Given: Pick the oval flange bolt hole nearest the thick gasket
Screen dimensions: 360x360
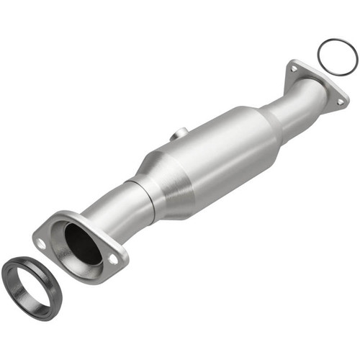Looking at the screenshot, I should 42,244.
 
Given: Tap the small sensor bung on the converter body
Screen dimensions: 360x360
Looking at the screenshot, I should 180,134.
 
